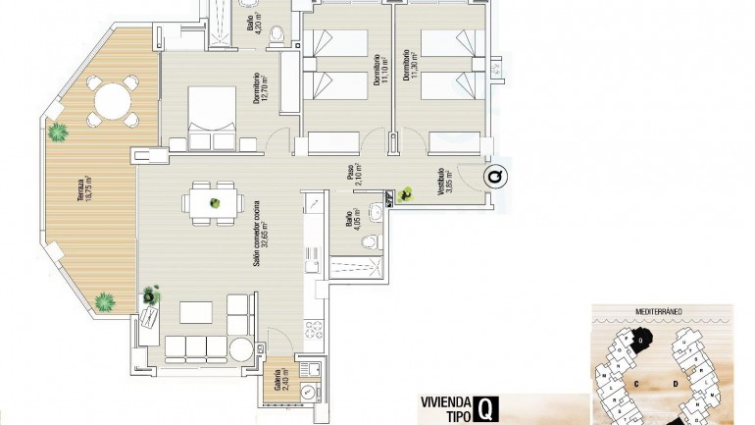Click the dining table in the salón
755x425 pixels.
(x=213, y=203)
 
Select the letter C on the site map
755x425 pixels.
(x=636, y=381)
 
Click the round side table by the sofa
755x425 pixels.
(x=240, y=348)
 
